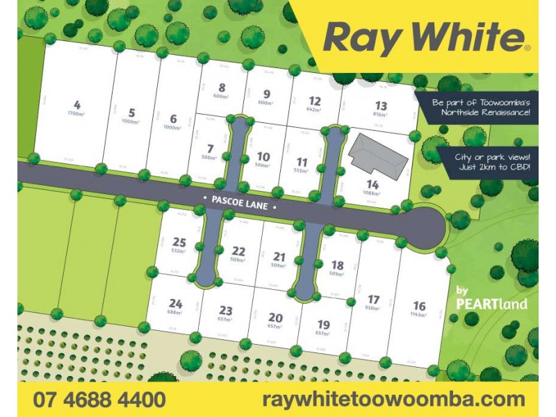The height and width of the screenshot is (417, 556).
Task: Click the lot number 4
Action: coord(76,105)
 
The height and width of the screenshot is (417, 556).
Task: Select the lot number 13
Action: coord(380,106)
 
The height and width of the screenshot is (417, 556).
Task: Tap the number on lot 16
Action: coord(419,306)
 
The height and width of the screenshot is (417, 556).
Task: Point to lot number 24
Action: coord(175,303)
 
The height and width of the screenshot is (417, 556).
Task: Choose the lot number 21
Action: coord(279,256)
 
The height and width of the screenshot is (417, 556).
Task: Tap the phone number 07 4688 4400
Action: coord(99,400)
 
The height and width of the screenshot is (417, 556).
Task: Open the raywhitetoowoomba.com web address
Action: coord(394,400)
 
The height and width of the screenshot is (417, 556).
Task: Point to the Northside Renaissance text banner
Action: coord(481,107)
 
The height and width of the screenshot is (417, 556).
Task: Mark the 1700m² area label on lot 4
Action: coord(76,113)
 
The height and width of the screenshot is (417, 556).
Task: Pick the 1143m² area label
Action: coord(419,315)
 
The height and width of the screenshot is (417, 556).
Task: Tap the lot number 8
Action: coord(222,88)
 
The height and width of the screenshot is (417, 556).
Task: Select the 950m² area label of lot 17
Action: coord(373,308)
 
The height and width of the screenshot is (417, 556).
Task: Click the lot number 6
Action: coord(173,119)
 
